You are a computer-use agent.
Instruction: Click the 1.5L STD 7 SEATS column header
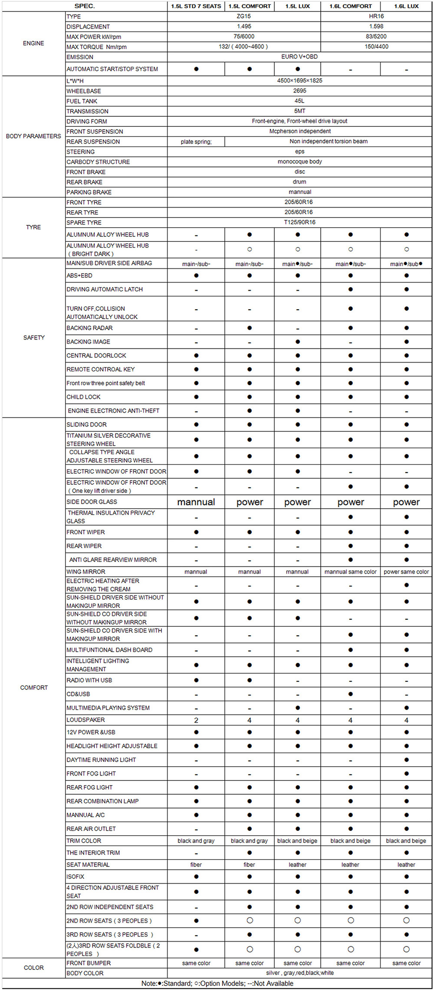coord(196,6)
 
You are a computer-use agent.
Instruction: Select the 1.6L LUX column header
coord(406,6)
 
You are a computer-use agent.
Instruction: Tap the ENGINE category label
coord(33,43)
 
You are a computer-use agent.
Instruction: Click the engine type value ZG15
coord(244,16)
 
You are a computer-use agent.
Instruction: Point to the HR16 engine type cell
coord(376,16)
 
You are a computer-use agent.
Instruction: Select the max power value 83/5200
coord(376,36)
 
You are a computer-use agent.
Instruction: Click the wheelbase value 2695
coord(299,91)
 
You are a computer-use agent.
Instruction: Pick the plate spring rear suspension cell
coord(196,142)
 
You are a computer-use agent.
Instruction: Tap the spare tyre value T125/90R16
coord(299,222)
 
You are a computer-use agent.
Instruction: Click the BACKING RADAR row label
coord(89,328)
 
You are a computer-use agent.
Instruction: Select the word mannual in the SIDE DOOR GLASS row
coord(196,502)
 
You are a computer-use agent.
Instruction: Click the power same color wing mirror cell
coord(406,572)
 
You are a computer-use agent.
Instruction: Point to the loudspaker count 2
coord(196,720)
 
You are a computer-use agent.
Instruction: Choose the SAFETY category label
coord(34,337)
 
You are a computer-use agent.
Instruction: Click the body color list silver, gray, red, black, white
coord(299,973)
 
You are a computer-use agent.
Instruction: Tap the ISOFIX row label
coord(76,876)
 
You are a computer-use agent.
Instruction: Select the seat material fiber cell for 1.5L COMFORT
coord(249,865)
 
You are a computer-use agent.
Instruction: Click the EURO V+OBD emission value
coord(299,57)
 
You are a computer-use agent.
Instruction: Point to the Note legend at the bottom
coord(217,983)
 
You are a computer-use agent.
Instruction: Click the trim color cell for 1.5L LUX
coord(297,841)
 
